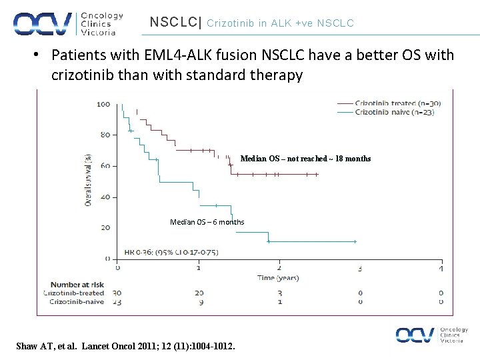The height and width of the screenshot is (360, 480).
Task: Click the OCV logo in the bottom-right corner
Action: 431,335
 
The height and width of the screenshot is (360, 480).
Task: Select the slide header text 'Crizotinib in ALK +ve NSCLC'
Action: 281,23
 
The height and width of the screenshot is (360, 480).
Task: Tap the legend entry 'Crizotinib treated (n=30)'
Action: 397,103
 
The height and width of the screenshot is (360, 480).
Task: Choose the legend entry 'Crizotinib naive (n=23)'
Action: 394,113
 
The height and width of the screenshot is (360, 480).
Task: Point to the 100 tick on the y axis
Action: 103,104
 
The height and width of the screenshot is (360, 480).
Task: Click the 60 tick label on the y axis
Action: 105,166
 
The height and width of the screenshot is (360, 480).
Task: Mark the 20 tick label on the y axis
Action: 105,228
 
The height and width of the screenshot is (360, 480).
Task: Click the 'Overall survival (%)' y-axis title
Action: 89,180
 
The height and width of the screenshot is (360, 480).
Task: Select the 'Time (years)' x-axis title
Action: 279,277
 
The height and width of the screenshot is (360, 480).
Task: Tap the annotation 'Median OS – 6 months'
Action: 207,222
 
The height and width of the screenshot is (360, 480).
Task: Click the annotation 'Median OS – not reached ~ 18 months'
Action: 305,159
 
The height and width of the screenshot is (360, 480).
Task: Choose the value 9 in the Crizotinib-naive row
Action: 199,302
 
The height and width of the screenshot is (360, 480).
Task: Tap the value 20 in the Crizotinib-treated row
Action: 199,293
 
